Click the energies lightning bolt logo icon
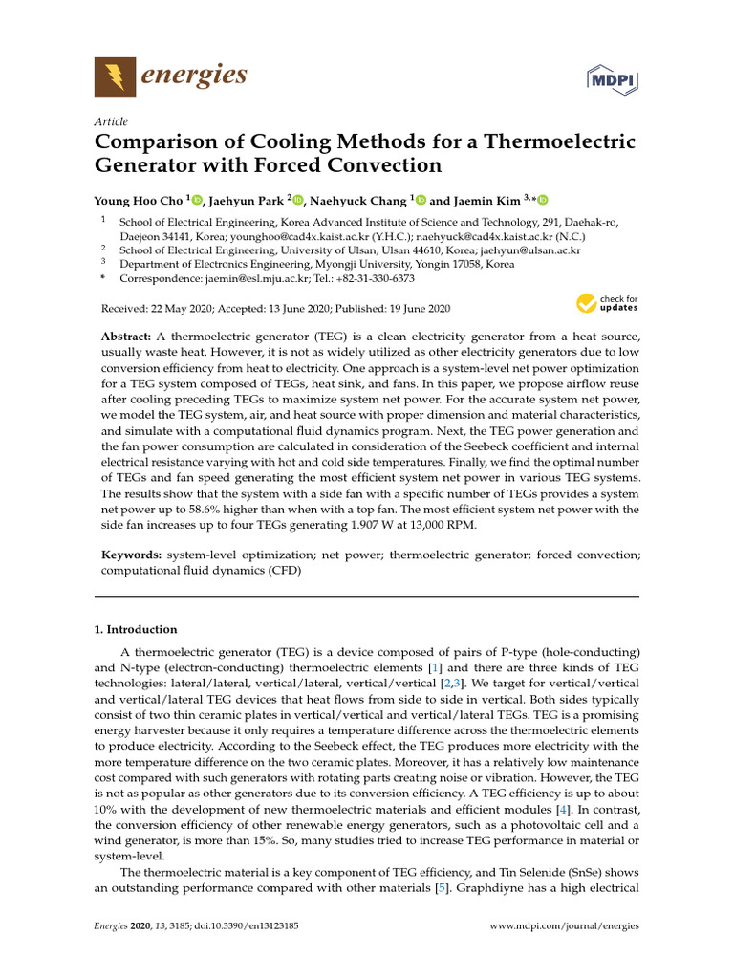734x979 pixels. click(x=114, y=76)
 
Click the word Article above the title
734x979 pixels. click(x=110, y=121)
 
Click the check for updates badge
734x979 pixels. click(x=607, y=305)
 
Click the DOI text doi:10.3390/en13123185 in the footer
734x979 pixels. click(x=233, y=925)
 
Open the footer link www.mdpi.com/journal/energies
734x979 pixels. click(x=563, y=925)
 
